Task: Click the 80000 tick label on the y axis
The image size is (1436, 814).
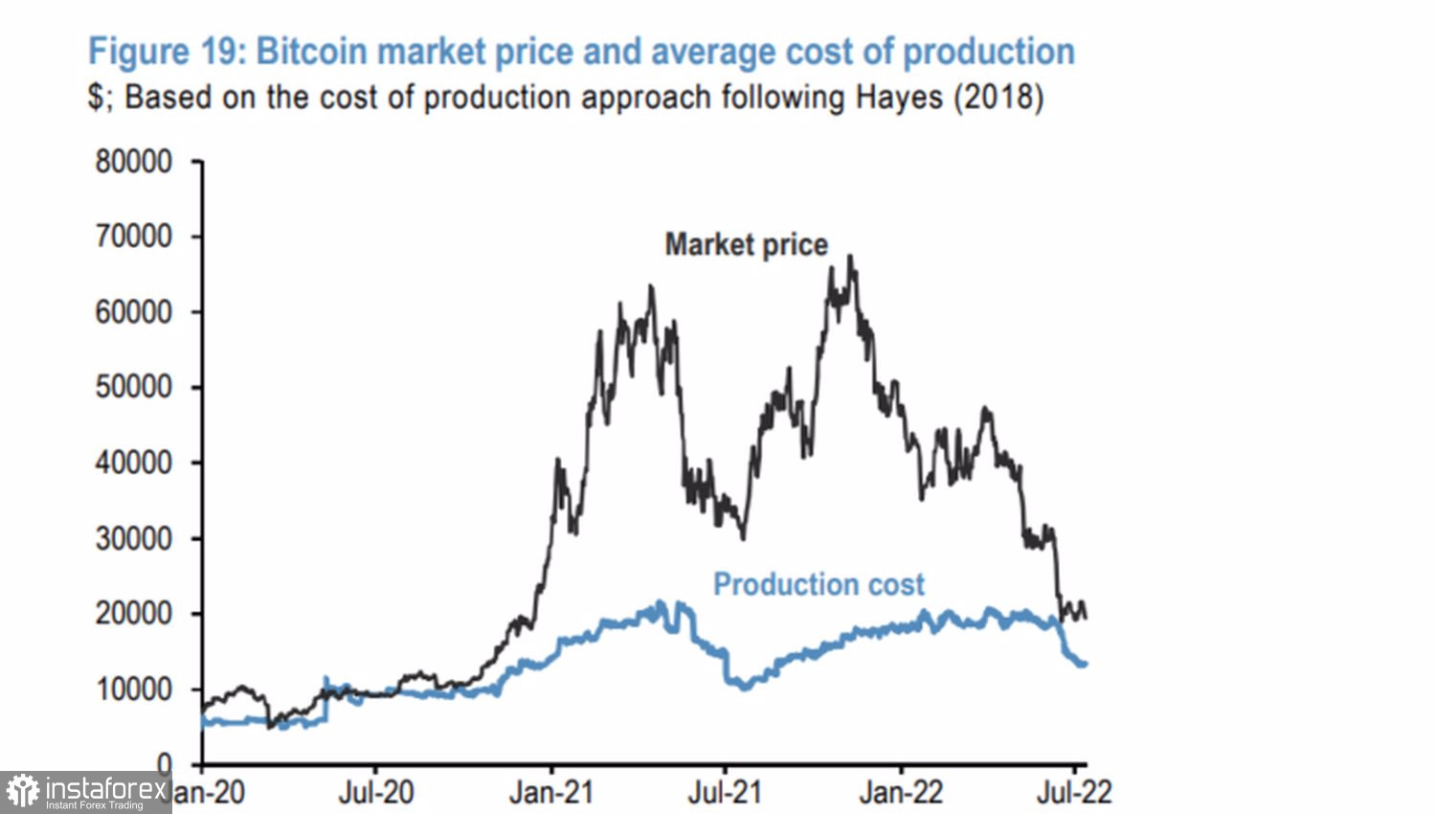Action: click(133, 162)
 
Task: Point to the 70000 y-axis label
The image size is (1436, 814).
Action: click(133, 237)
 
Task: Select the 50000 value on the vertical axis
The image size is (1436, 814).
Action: click(133, 387)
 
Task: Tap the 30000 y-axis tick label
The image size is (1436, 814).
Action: click(133, 538)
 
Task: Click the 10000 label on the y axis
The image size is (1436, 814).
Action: click(133, 689)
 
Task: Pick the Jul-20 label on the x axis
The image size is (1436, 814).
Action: click(375, 792)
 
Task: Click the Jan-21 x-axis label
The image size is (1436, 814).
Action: click(551, 792)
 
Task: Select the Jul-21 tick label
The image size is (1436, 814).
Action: click(725, 792)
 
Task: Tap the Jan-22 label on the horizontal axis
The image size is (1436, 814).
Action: click(901, 792)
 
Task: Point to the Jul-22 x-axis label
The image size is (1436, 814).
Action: click(1074, 792)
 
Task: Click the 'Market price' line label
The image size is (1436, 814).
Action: click(746, 245)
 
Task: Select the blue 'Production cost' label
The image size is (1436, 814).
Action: click(819, 584)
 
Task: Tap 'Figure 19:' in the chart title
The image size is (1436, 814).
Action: click(168, 52)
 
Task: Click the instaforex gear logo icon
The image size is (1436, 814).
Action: click(23, 792)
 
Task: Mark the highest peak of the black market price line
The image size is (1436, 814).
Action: click(851, 257)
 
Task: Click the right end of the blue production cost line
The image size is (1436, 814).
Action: click(1085, 664)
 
